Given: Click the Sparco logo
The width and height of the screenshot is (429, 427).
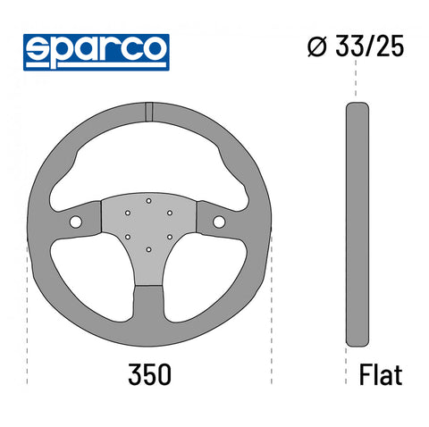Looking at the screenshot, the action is tap(97, 53).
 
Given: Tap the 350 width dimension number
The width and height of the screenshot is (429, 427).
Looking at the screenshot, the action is tap(149, 374).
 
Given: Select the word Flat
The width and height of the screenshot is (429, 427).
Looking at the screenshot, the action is tap(381, 374).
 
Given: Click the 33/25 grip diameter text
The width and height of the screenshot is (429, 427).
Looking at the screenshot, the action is tap(370, 46).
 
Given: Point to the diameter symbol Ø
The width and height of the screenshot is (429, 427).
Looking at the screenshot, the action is tap(316, 46).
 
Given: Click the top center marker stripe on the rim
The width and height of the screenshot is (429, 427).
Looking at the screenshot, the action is tap(149, 112).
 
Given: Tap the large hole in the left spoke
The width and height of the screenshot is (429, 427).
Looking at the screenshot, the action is tap(76, 222).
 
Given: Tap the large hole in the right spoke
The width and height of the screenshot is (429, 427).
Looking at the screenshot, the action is tap(219, 222).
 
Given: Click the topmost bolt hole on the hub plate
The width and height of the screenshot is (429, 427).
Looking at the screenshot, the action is tap(148, 201).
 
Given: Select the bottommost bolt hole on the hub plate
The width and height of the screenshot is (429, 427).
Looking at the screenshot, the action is tap(148, 249).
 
